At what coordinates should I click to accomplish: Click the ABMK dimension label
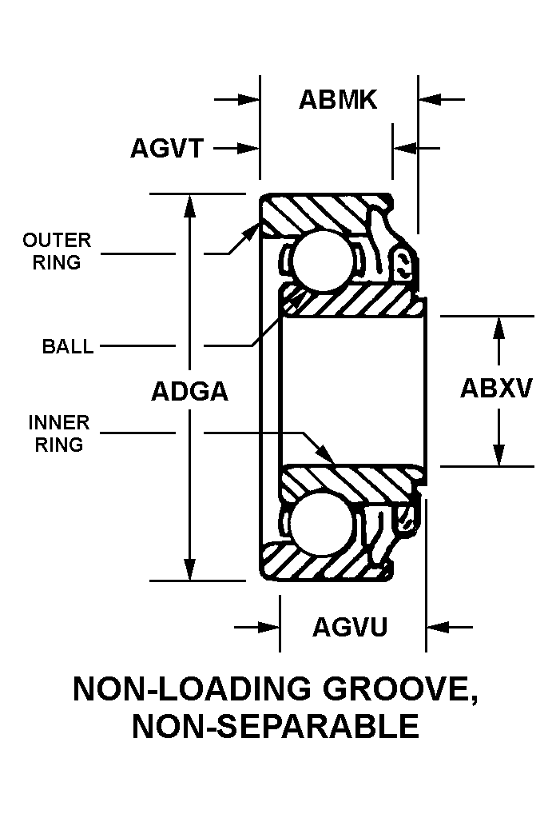coord(337,100)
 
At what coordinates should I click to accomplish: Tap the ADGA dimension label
coord(189,392)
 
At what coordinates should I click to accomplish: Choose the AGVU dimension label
coord(350,627)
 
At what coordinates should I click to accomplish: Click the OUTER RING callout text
coord(57,251)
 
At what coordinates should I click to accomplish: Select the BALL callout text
coord(68,347)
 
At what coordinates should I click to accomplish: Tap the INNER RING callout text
coord(59,433)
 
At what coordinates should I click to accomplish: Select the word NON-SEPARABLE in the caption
coord(276,727)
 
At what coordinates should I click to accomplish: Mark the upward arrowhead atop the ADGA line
coord(189,203)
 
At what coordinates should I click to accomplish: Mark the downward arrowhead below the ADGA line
coord(189,571)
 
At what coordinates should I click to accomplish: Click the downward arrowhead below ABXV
coord(499,456)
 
